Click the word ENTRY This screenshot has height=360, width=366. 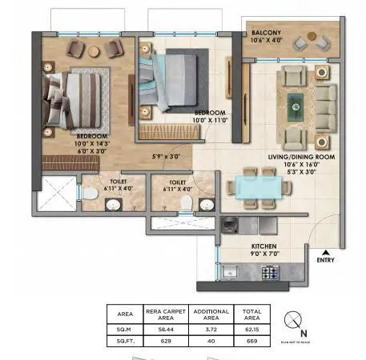pos(326,259)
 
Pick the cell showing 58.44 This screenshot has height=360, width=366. pos(165,328)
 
